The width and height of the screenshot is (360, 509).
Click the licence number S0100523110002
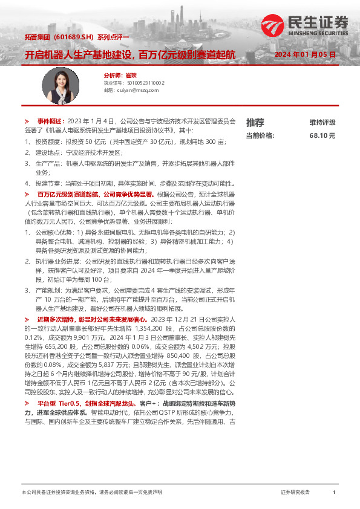[143, 83]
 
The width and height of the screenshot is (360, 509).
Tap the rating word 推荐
[255, 123]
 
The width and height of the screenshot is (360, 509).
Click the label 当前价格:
[260, 136]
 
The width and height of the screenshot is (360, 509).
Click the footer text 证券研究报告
[295, 493]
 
